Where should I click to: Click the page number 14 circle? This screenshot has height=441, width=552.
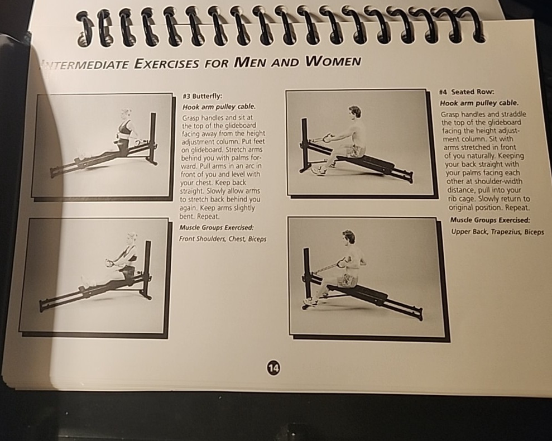(273, 367)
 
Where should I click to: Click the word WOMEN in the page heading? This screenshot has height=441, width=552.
(333, 61)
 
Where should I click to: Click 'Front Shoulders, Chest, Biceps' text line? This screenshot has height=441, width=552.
(223, 239)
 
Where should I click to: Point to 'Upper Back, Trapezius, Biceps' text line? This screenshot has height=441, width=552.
(497, 232)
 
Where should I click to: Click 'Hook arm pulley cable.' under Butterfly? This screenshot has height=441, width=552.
(219, 107)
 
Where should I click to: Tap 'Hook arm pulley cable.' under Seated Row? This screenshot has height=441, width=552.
(479, 103)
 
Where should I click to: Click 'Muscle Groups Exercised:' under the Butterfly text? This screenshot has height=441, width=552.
(217, 227)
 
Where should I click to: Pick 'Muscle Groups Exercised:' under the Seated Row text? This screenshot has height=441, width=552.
(490, 220)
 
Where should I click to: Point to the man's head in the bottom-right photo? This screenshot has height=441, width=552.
(349, 237)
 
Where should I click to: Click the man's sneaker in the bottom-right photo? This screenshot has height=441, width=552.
(311, 302)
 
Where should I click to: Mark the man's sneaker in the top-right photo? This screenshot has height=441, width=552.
(318, 171)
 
